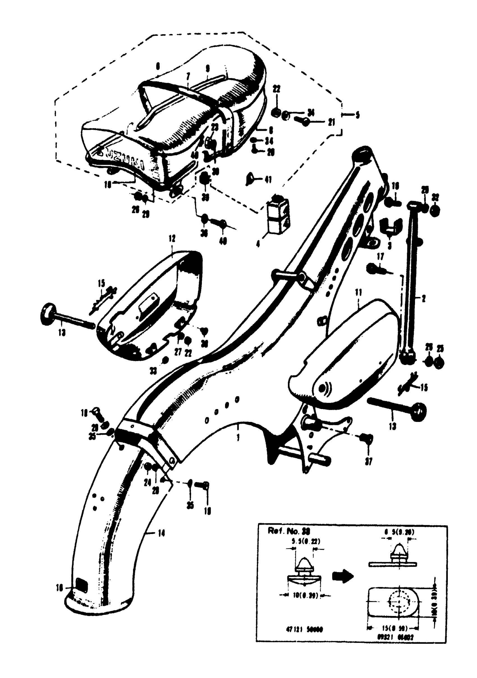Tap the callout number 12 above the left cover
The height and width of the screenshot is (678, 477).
[172, 238]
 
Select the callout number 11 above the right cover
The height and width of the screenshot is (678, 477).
[358, 293]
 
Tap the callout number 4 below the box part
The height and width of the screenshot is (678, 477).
[258, 244]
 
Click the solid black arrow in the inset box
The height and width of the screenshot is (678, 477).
[343, 576]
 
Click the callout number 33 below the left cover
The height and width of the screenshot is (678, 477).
[153, 371]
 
